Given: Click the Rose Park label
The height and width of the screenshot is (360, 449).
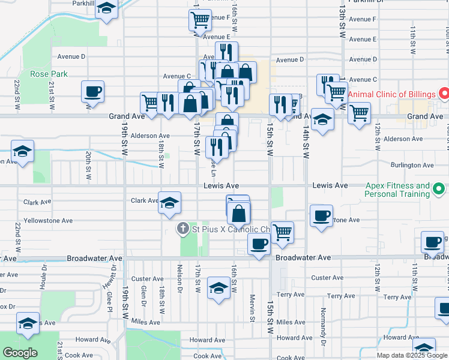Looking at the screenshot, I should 49,74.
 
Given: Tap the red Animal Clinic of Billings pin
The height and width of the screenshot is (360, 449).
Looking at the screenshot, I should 444,94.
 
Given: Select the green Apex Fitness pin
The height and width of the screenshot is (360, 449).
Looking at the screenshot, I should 439,190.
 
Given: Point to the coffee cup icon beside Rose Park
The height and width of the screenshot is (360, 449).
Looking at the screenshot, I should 93,92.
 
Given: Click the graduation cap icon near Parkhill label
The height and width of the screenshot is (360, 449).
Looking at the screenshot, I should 106,8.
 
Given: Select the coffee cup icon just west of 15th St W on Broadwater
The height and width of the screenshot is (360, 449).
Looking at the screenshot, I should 259,244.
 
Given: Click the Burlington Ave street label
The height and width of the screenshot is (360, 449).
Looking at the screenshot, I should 411,165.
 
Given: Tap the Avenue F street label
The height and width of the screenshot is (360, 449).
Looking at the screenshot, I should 362,19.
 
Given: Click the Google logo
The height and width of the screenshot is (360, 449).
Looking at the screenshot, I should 20,353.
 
